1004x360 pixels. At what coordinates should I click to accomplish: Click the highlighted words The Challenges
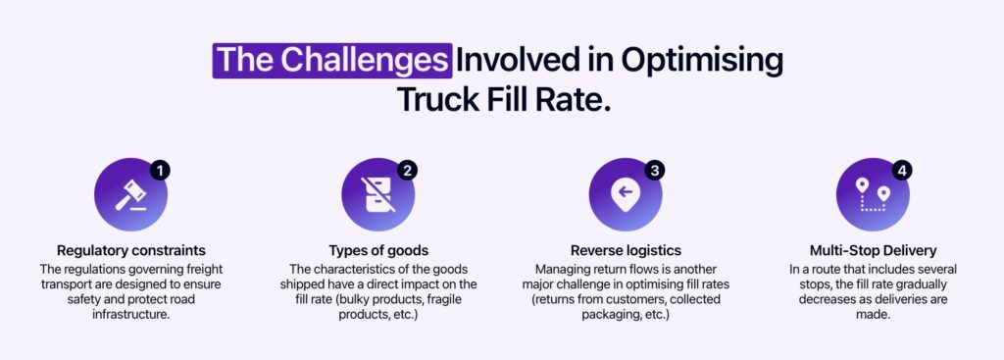[331, 60]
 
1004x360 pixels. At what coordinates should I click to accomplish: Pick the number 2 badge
[408, 171]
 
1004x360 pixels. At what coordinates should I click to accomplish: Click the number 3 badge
[655, 171]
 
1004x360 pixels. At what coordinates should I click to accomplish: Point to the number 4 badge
[902, 171]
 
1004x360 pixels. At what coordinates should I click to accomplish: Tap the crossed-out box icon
[377, 195]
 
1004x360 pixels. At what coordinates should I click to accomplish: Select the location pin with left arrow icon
[625, 195]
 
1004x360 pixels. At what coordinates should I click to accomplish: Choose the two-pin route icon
[872, 195]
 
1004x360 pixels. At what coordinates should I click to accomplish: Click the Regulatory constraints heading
[131, 251]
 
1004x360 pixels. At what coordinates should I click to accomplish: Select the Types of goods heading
[378, 251]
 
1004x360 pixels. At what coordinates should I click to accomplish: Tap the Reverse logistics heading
[626, 251]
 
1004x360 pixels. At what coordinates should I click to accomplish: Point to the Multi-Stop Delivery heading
[873, 251]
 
